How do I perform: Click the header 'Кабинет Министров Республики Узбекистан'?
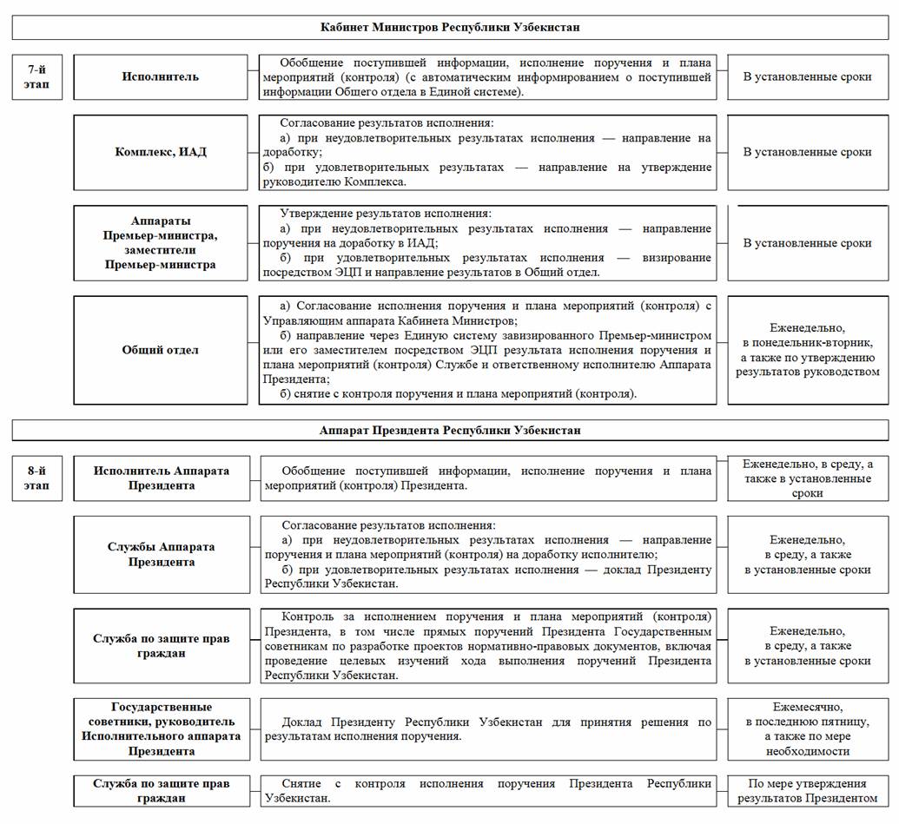coord(449,27)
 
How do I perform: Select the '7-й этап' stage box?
coord(36,76)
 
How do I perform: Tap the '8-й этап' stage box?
coord(36,478)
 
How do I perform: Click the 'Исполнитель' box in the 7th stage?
coord(161,76)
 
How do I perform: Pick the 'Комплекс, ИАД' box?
coord(161,152)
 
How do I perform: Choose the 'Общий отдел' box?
coord(161,350)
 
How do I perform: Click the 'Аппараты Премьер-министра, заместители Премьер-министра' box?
coord(161,243)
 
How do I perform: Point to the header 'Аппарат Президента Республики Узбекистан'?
coord(449,430)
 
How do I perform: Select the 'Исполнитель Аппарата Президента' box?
coord(161,478)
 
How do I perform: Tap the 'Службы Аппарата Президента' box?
coord(161,555)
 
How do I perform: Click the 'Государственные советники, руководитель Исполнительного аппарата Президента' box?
coord(161,729)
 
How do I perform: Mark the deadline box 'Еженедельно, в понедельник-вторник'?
coord(807,350)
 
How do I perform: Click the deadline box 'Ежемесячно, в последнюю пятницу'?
coord(807,729)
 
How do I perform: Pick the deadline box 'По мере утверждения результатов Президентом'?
coord(807,791)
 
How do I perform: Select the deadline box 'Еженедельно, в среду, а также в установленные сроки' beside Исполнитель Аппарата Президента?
coord(807,478)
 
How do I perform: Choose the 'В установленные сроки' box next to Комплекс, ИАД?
coord(807,152)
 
